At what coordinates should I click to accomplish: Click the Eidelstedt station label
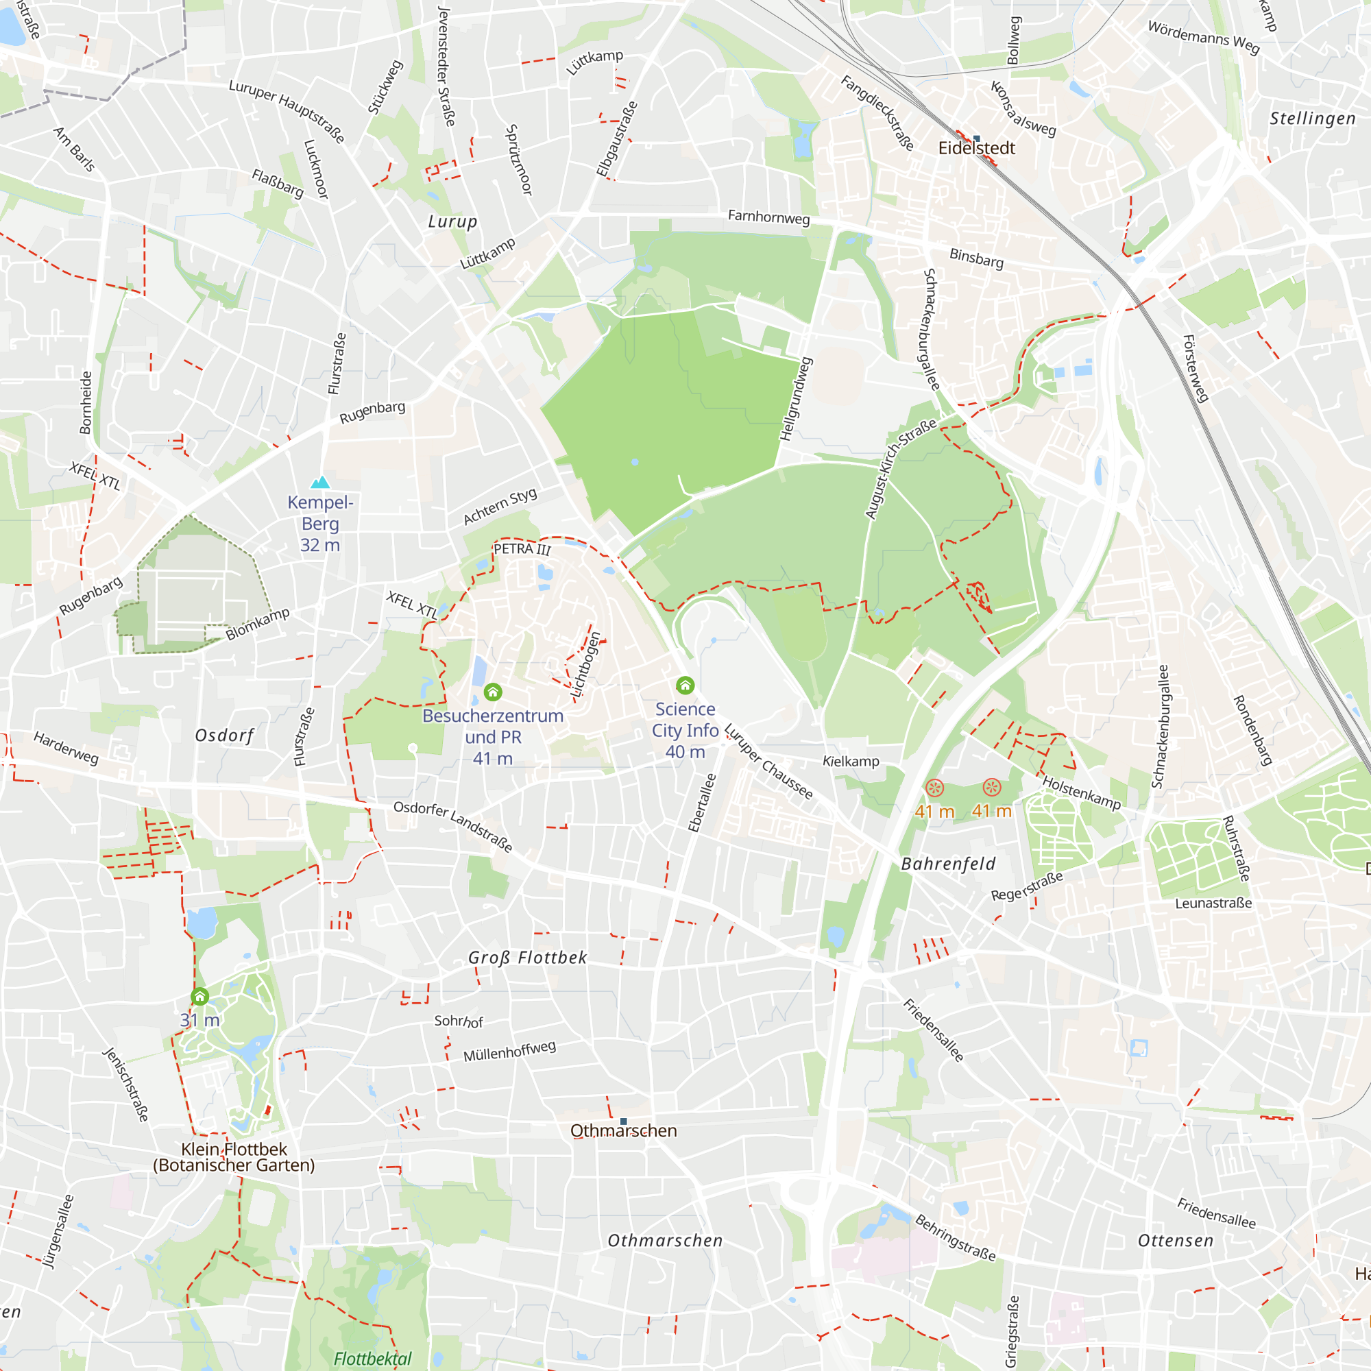click(x=976, y=148)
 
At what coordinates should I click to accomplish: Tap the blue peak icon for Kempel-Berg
click(x=321, y=483)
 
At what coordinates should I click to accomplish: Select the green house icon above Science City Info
click(x=685, y=685)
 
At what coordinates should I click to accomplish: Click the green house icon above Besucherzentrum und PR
click(x=492, y=692)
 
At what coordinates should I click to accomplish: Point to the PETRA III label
click(x=522, y=548)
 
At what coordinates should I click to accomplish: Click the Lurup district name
click(x=452, y=222)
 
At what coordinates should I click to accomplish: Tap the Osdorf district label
click(x=224, y=735)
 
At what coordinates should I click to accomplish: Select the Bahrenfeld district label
click(x=948, y=864)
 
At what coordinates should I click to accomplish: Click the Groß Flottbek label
click(x=527, y=957)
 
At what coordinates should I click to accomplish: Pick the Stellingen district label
click(x=1312, y=119)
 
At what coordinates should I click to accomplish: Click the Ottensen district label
click(x=1176, y=1241)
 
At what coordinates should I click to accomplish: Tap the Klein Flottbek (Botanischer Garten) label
click(x=234, y=1156)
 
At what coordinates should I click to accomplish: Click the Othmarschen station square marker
click(x=624, y=1121)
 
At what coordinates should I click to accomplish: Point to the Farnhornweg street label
click(x=768, y=217)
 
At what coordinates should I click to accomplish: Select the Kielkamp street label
click(x=850, y=762)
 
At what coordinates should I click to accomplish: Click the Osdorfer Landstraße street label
click(x=452, y=826)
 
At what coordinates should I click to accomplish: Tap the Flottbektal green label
click(x=372, y=1358)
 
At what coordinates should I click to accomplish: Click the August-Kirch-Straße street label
click(x=900, y=469)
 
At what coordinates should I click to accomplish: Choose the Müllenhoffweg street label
click(x=509, y=1051)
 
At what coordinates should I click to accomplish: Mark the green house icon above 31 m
click(x=200, y=997)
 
